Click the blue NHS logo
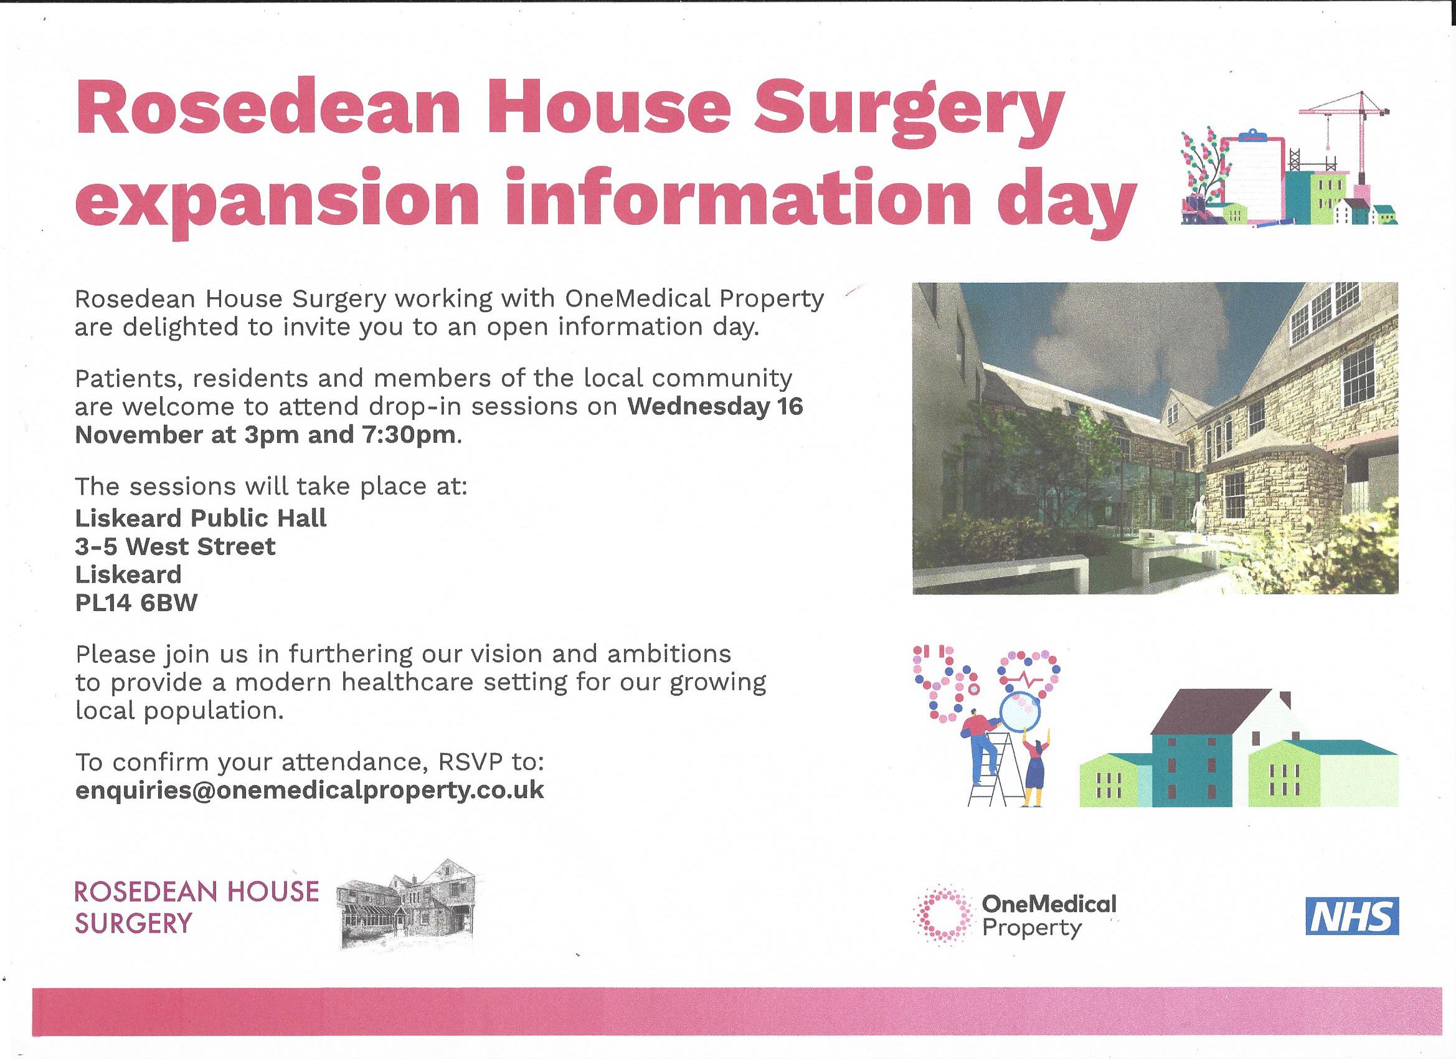pyautogui.click(x=1352, y=916)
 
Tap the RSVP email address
pyautogui.click(x=310, y=790)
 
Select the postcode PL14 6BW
pyautogui.click(x=137, y=603)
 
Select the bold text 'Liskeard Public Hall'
pyautogui.click(x=201, y=518)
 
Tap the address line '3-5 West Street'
pyautogui.click(x=175, y=546)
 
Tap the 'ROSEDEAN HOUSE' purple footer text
pyautogui.click(x=196, y=891)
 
